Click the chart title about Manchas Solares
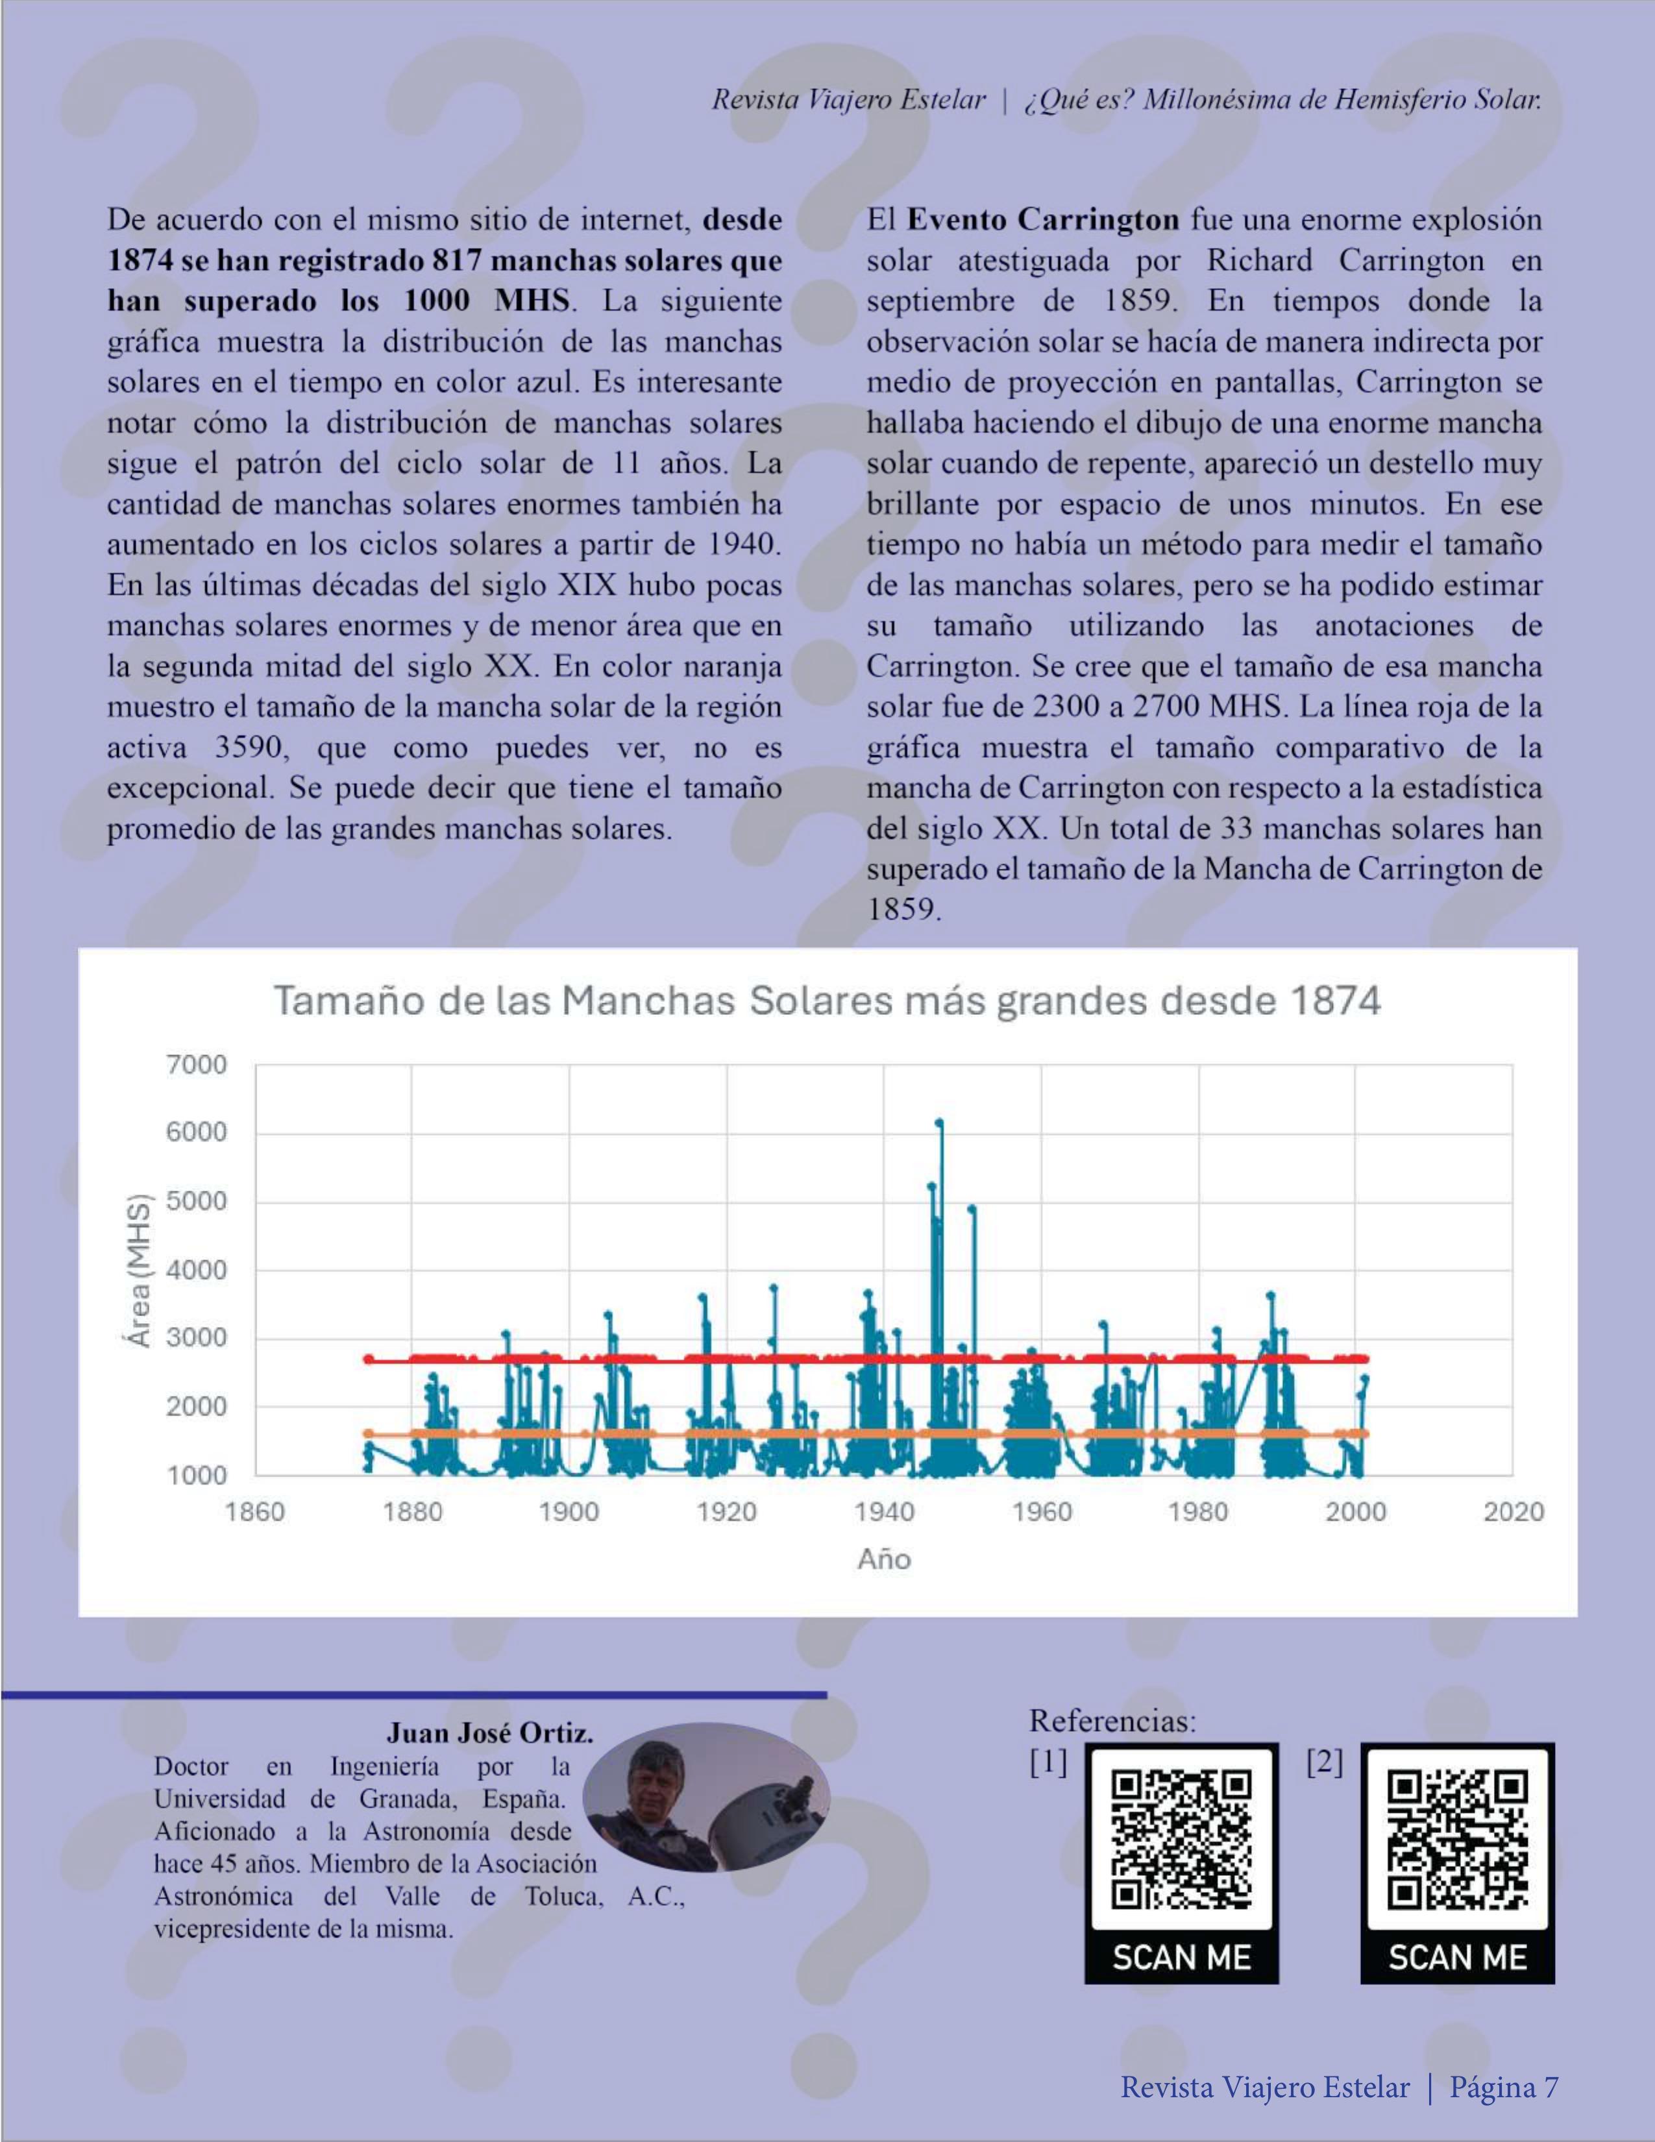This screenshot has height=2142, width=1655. pos(826,1001)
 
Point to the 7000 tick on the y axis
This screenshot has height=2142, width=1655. pos(197,1064)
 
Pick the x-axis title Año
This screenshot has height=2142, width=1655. pos(884,1559)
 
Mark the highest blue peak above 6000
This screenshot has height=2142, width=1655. pos(939,1123)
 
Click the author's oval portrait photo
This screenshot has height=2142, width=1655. pos(706,1797)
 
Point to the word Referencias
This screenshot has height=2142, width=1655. pos(1112,1720)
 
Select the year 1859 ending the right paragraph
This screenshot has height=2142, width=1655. pos(903,910)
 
